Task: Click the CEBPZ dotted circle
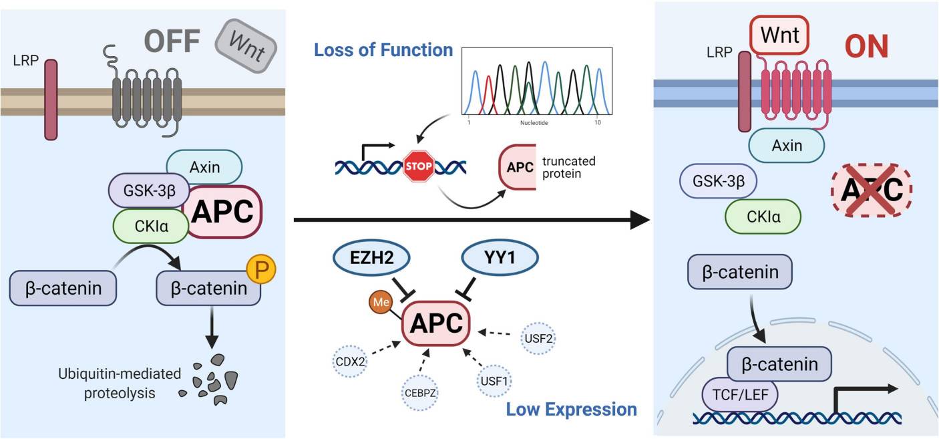pos(419,392)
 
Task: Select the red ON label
pos(866,46)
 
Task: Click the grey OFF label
pos(164,41)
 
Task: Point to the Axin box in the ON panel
pos(785,145)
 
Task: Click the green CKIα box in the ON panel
pos(763,216)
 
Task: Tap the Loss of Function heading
pos(383,50)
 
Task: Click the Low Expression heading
pos(571,408)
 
